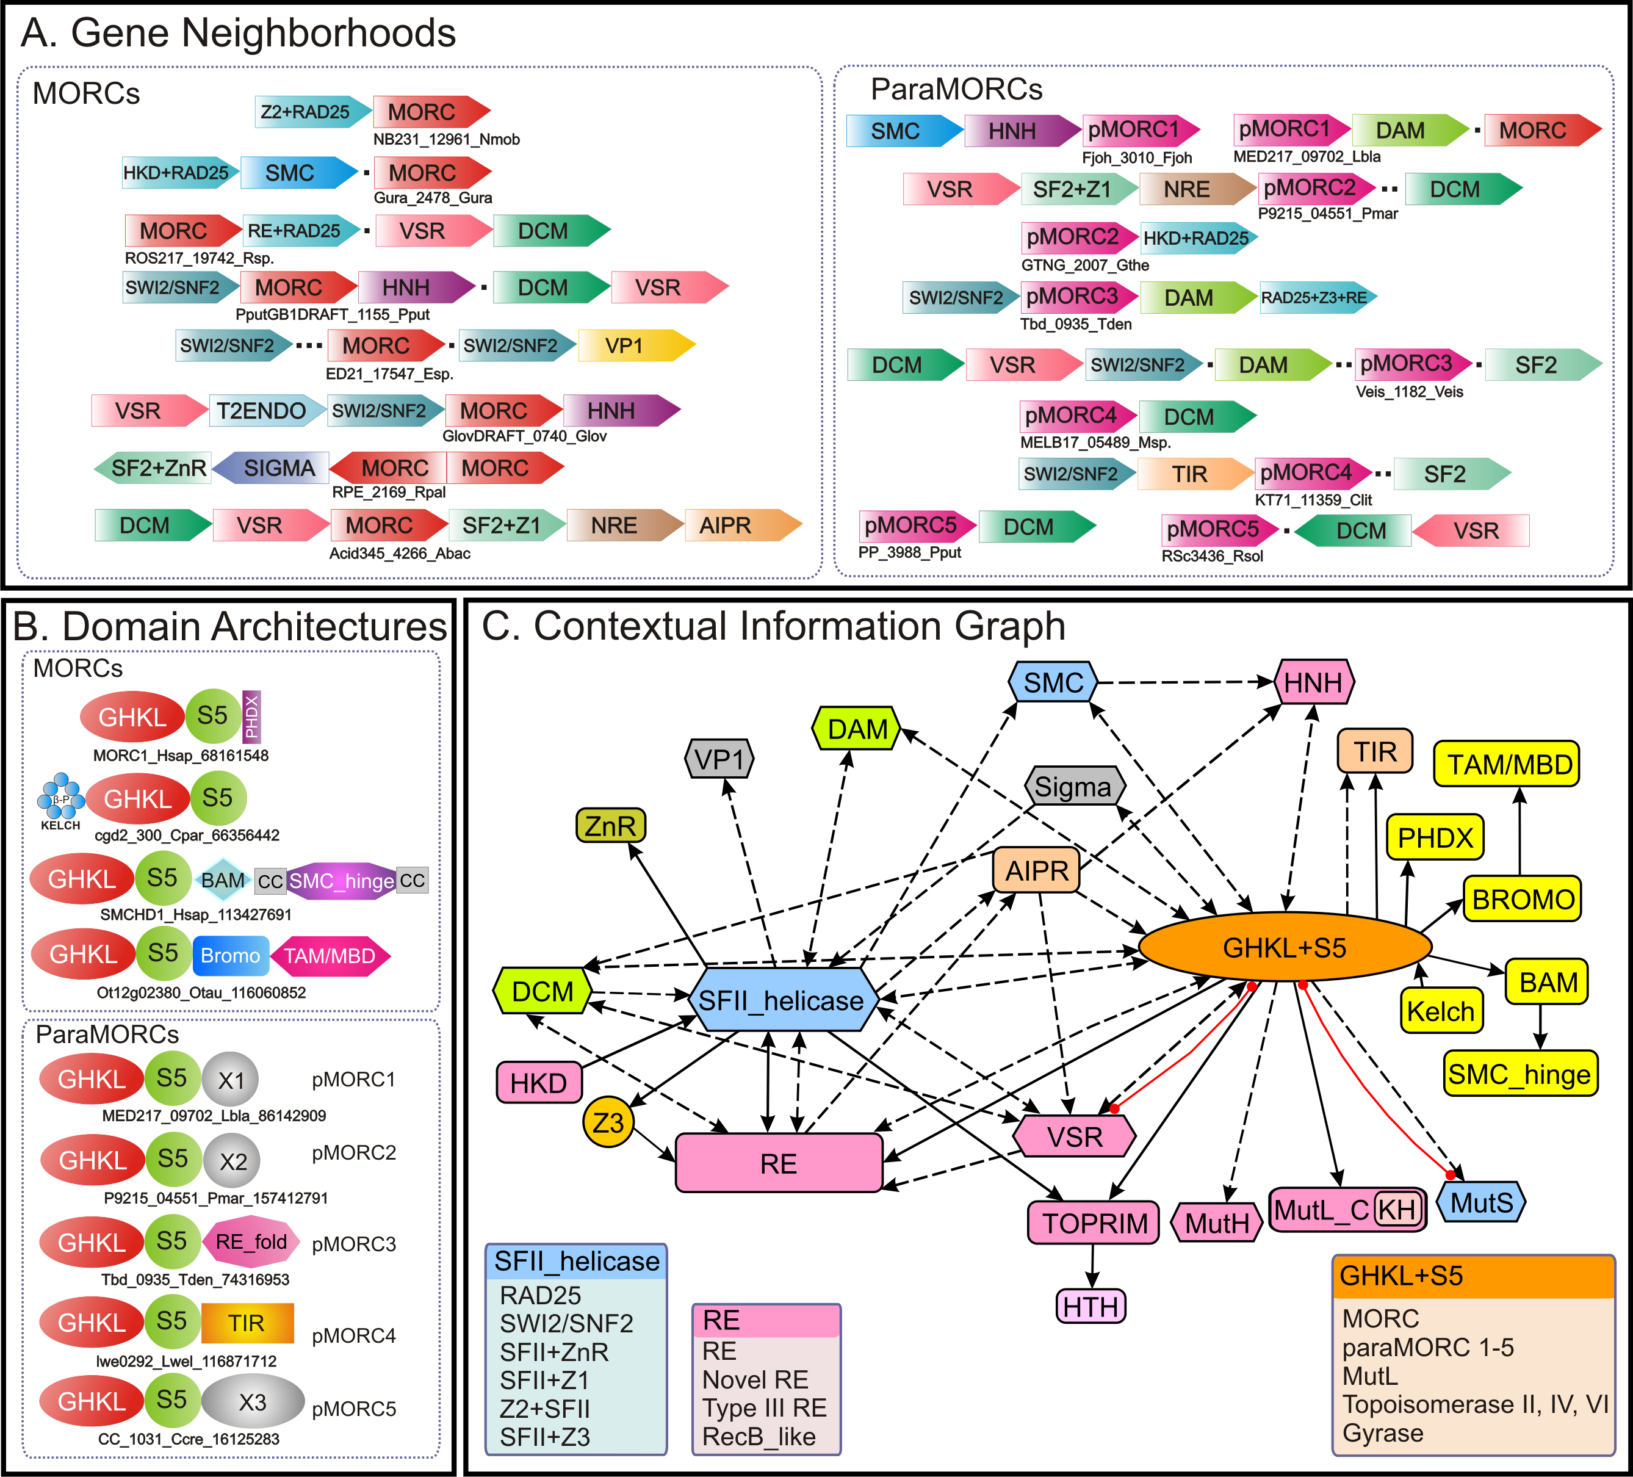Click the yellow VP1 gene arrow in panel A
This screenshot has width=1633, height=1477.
636,346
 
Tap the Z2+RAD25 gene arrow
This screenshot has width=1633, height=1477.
312,112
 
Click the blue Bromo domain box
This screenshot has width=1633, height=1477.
230,956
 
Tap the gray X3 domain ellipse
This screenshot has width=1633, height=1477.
253,1402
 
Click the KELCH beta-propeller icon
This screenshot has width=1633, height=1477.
61,796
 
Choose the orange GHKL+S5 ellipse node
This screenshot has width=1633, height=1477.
1285,947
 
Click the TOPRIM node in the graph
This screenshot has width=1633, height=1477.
1094,1223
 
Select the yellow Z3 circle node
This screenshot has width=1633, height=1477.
608,1122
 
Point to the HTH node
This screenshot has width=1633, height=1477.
1091,1306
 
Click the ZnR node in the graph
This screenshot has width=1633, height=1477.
611,826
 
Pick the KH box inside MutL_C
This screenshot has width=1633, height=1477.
1398,1210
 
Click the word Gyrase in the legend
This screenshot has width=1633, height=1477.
1383,1433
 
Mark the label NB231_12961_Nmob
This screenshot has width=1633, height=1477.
446,139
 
